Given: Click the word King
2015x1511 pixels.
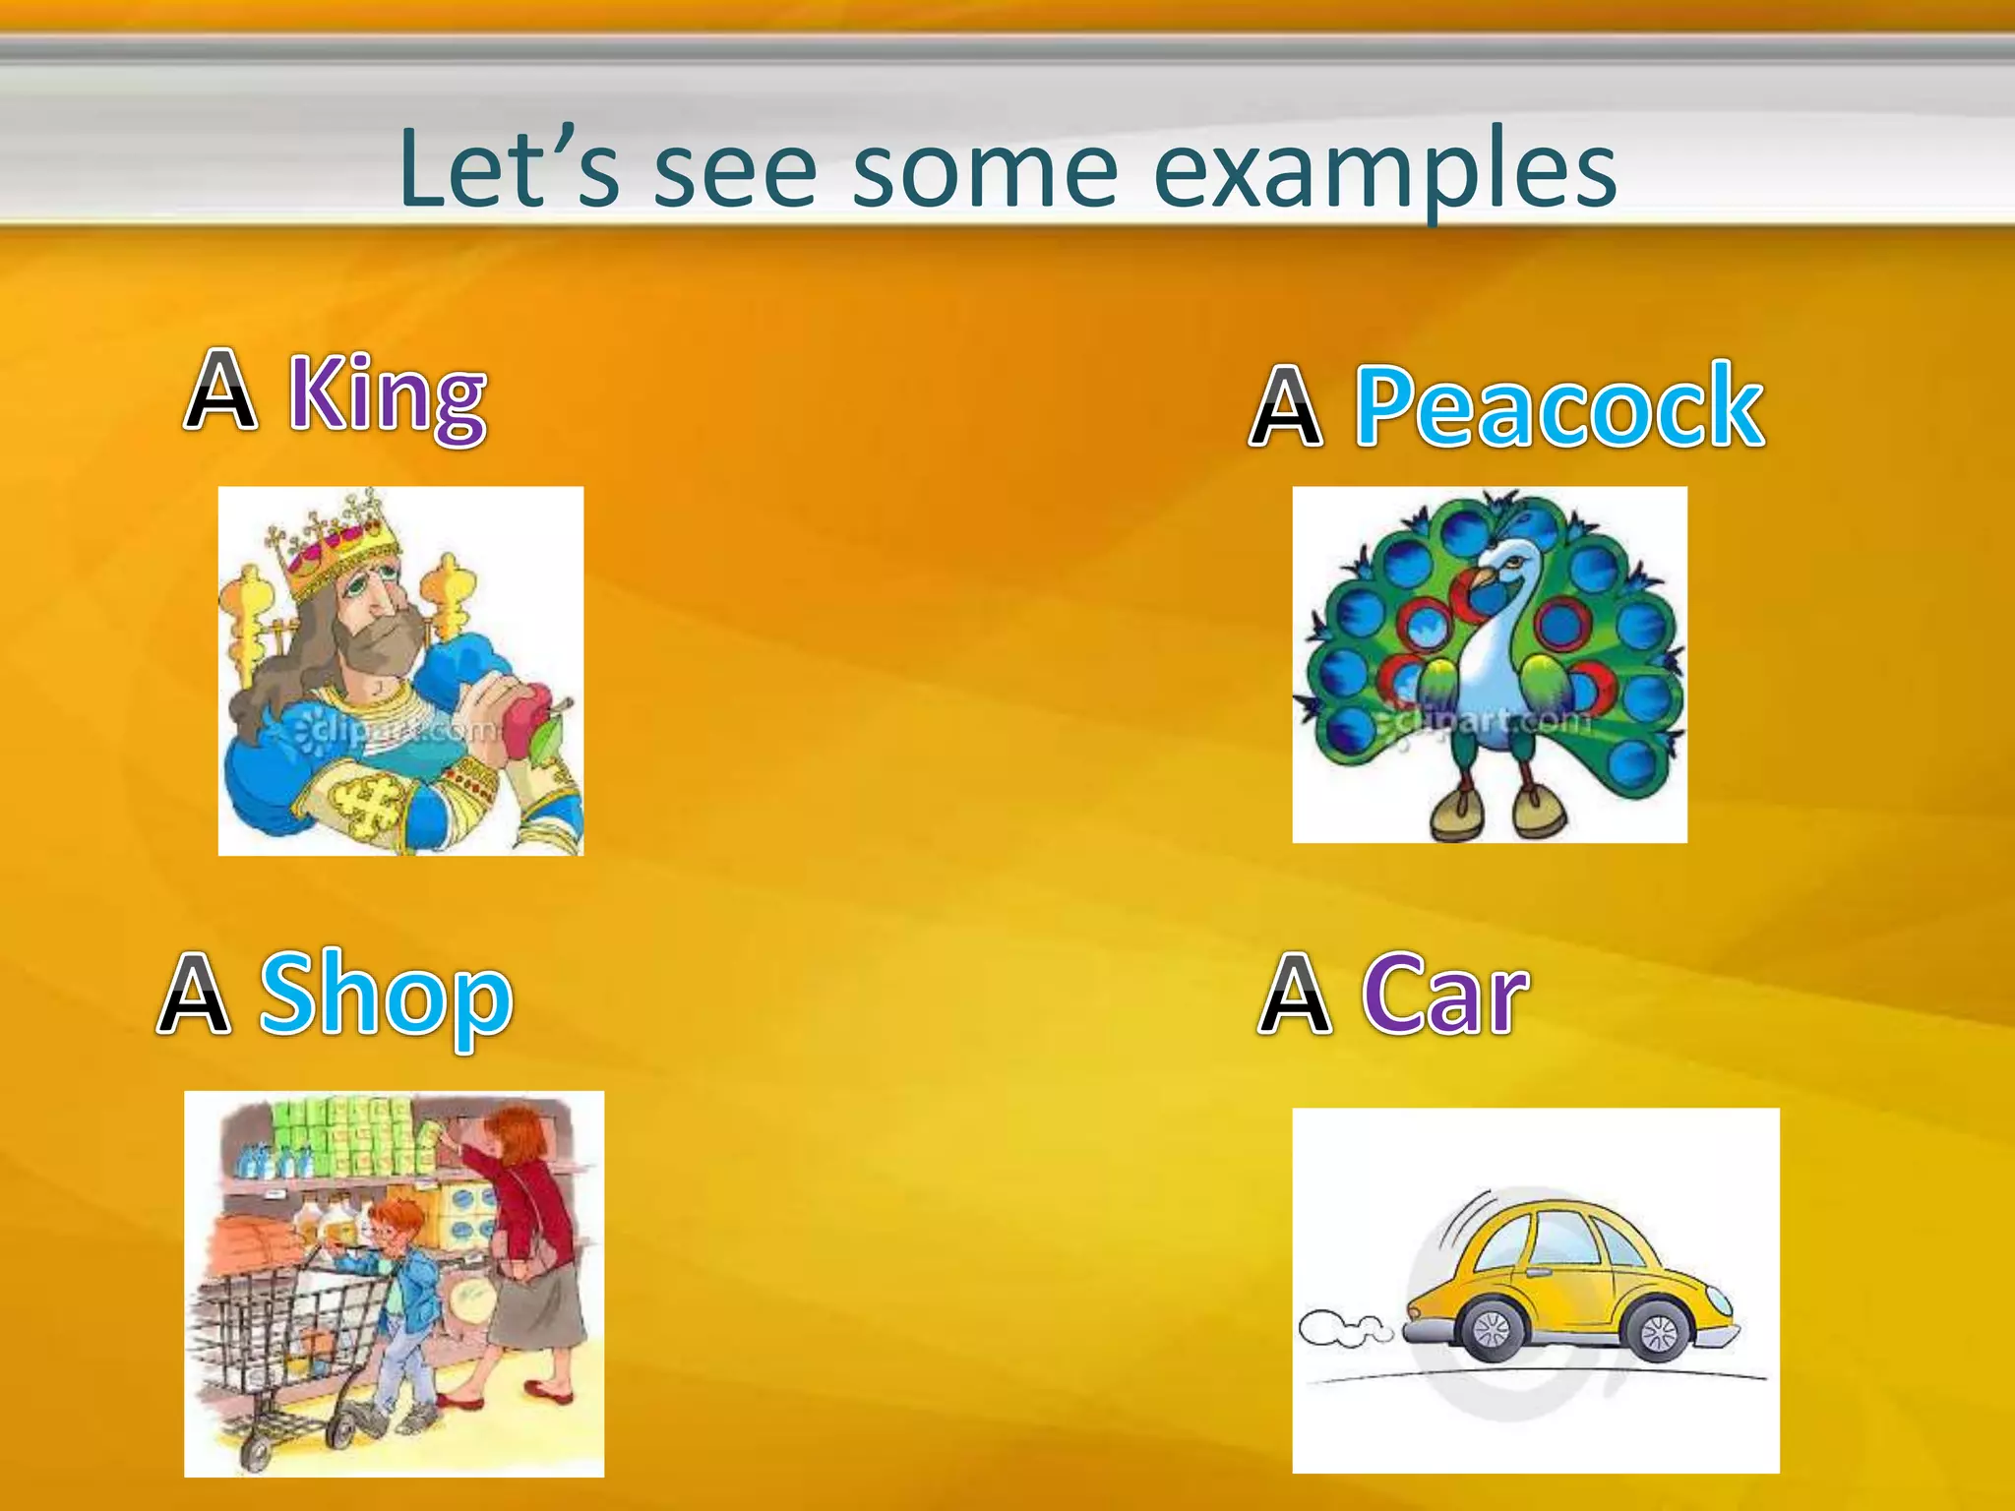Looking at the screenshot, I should pyautogui.click(x=387, y=395).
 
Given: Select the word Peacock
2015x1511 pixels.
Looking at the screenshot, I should pyautogui.click(x=1558, y=405).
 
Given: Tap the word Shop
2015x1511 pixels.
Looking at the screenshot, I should pyautogui.click(x=385, y=996).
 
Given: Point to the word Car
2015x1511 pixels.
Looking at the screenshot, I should pyautogui.click(x=1444, y=996).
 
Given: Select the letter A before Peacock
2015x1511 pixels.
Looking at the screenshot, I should pyautogui.click(x=1285, y=405).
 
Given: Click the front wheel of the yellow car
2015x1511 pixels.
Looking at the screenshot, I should pyautogui.click(x=1661, y=1331).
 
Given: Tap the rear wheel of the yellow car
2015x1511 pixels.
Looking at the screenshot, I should pyautogui.click(x=1492, y=1331).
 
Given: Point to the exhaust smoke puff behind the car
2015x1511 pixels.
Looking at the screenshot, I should pyautogui.click(x=1344, y=1328).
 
